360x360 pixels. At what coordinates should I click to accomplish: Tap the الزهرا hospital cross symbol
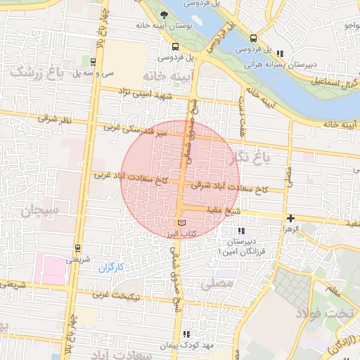coord(290,219)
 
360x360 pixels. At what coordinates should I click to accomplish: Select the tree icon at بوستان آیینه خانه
coord(165,15)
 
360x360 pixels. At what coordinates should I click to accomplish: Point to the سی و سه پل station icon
coord(94,61)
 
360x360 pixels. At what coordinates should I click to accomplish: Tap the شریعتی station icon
coord(76,247)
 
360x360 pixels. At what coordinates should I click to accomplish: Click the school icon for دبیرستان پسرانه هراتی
coord(281,53)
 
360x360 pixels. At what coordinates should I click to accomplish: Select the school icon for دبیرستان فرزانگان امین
coord(242,231)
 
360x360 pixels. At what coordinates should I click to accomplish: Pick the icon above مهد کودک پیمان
coord(186,335)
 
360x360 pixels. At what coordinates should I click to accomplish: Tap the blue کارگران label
coord(110,266)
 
